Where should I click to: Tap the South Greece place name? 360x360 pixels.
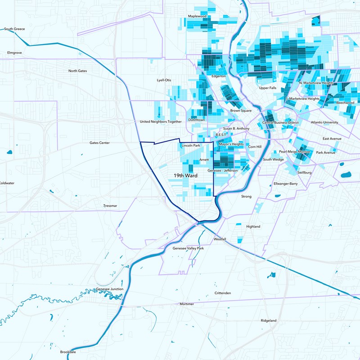tap(14, 29)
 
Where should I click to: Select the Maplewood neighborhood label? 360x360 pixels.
tap(197, 16)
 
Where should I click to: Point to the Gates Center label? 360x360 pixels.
tap(99, 143)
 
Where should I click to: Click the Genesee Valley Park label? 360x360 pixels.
tap(188, 248)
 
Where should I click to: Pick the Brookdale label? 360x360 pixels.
tap(68, 352)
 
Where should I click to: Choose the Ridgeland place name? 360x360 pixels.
tap(268, 320)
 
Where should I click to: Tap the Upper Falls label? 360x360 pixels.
tap(267, 88)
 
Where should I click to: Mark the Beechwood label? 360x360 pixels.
tap(345, 103)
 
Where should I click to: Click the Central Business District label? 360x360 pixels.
tap(280, 122)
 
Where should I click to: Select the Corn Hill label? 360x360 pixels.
tap(255, 146)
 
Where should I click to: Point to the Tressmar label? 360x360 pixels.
tap(110, 206)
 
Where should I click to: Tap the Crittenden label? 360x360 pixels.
tap(223, 293)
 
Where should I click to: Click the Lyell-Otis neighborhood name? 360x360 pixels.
tap(164, 80)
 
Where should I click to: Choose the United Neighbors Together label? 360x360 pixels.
tap(161, 121)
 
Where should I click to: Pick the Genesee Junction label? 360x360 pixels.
tap(110, 289)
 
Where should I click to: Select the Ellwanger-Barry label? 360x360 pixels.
tap(286, 184)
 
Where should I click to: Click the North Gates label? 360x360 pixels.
tap(77, 71)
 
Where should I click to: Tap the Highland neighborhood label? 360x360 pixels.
tap(253, 226)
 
